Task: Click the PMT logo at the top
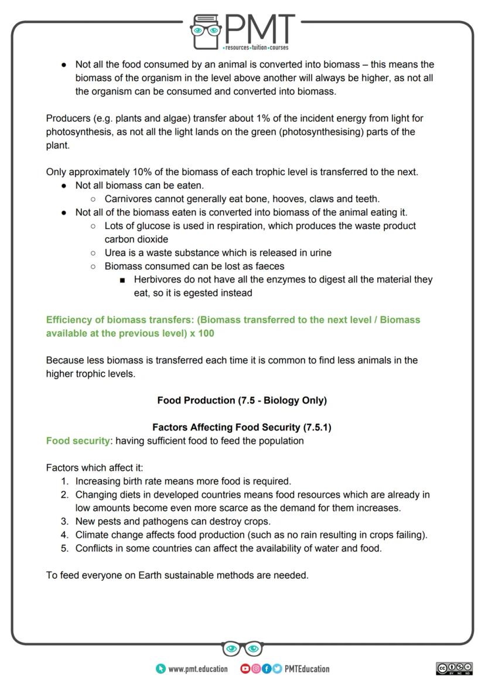pos(243,30)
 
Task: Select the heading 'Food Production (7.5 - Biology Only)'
pos(242,400)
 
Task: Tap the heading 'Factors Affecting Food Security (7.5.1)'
pos(242,427)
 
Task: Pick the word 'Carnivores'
pos(128,199)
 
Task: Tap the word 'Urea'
pos(115,252)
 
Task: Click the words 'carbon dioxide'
pos(136,239)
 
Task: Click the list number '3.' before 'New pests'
pos(65,521)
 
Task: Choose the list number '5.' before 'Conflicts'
pos(65,548)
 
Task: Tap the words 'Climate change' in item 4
pos(108,534)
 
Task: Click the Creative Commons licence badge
pos(454,668)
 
